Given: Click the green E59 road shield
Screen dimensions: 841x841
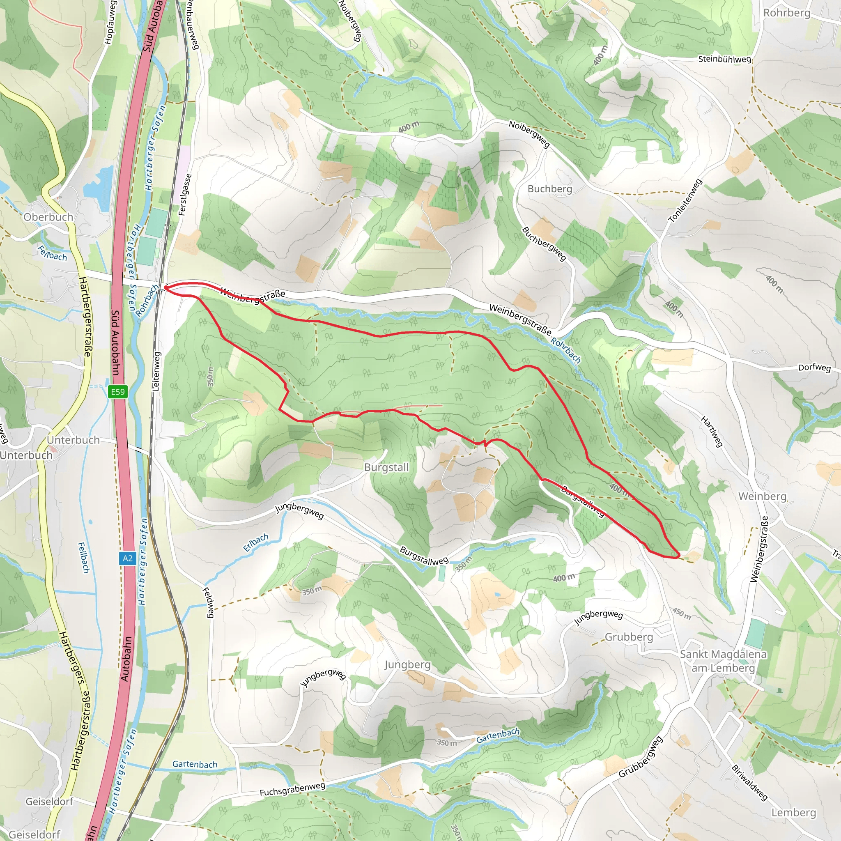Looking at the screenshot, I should click(117, 392).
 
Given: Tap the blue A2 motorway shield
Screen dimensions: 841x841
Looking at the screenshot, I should click(127, 558).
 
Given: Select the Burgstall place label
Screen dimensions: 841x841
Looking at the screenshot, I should click(386, 467).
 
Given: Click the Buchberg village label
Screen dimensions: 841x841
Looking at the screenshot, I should click(550, 189).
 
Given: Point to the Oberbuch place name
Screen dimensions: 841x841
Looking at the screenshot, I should click(48, 217).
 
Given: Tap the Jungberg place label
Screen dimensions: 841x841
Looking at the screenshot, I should click(407, 665).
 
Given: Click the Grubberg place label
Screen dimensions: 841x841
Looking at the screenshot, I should click(629, 637).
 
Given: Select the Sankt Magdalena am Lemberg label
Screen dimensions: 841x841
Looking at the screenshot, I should click(723, 661).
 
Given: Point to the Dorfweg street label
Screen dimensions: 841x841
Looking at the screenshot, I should click(814, 368).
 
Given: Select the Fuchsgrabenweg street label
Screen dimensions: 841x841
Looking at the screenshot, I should click(292, 789).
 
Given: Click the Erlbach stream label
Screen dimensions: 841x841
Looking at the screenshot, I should click(256, 542).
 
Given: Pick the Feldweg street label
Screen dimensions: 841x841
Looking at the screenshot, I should click(209, 602).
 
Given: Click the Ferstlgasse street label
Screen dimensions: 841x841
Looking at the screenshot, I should click(186, 195).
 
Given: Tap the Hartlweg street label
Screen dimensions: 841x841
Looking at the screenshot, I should click(712, 432).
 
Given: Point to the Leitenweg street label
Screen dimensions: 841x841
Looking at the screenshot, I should click(157, 371).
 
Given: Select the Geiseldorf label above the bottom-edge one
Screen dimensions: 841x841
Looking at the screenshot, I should click(49, 802).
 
